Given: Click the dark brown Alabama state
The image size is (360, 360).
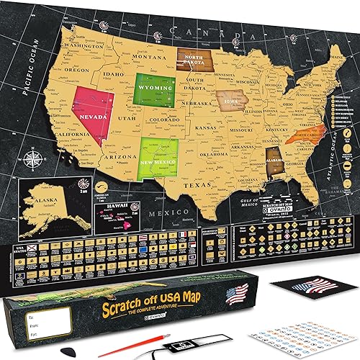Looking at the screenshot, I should pyautogui.click(x=275, y=164).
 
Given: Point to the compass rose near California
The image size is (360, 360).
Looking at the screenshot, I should pyautogui.click(x=32, y=156).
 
